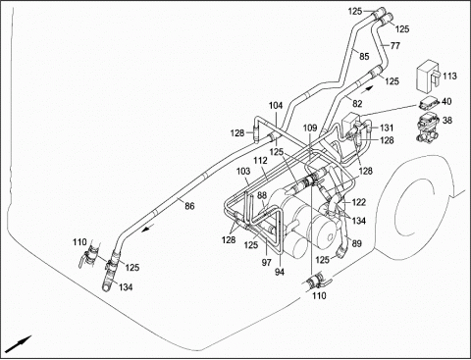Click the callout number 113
tap(449, 76)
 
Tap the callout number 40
tap(446, 101)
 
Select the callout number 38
tap(446, 120)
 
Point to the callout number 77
tap(395, 45)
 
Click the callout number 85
tap(364, 56)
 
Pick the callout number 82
tap(357, 104)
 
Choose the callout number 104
tap(276, 106)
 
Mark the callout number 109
tap(310, 128)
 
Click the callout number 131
tap(387, 128)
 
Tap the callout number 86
tap(189, 206)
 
